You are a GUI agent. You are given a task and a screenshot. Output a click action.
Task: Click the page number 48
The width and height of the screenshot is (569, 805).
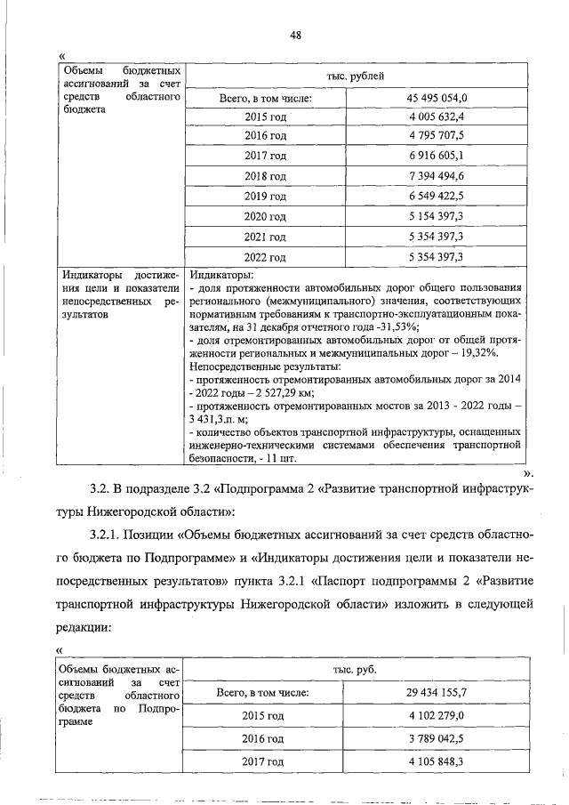click(x=296, y=35)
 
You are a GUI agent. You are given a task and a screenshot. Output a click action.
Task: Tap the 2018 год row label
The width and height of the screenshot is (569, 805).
click(x=265, y=177)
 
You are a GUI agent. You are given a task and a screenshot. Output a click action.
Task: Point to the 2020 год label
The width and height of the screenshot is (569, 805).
click(x=265, y=217)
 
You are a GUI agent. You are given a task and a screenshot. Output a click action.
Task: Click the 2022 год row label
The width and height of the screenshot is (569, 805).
click(x=265, y=258)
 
